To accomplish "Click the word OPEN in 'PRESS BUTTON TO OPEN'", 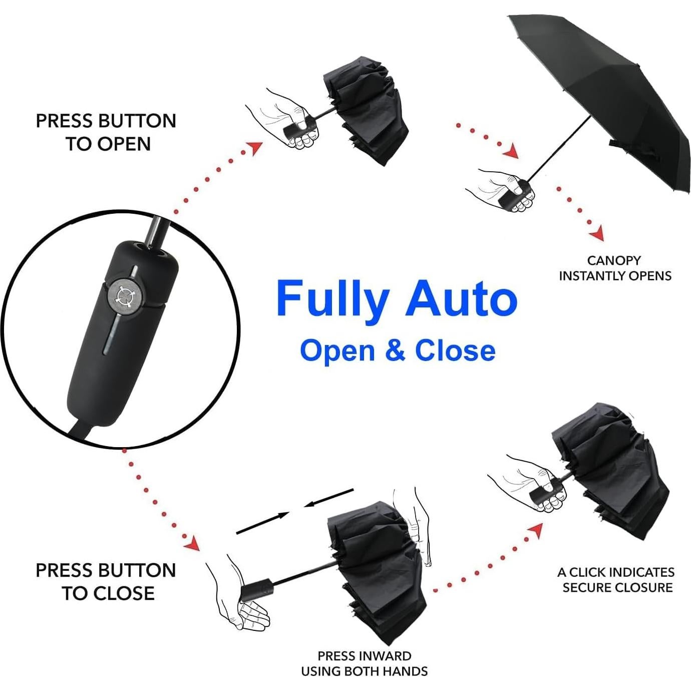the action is [124, 144].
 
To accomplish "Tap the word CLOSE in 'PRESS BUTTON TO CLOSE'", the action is [124, 593].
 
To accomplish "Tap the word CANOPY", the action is [614, 260].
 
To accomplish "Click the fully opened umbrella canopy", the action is [606, 90].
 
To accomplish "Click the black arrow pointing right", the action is [262, 523].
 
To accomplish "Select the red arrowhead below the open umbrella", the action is [597, 235].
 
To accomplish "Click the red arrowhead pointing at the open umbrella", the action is [511, 151].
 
